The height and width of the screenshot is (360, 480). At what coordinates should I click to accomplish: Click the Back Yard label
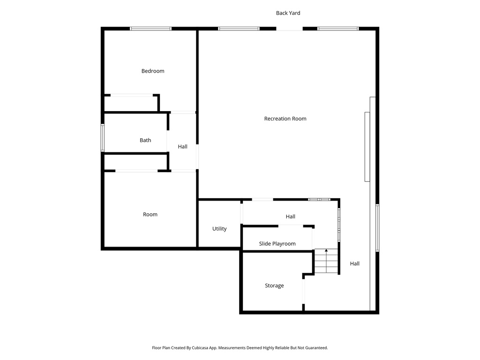[288, 13]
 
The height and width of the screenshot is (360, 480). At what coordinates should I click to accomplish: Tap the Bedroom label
[153, 71]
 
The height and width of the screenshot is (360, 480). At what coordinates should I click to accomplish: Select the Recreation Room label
[285, 119]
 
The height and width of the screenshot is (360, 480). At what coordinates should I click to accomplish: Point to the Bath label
[145, 140]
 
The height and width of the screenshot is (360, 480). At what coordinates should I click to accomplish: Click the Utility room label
[219, 229]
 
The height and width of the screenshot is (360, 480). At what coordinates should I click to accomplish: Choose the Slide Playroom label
[277, 244]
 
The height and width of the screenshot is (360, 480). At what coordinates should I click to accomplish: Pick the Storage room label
[274, 285]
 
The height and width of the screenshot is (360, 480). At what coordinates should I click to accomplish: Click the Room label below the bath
[150, 214]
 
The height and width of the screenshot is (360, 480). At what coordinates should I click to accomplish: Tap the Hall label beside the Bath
[182, 147]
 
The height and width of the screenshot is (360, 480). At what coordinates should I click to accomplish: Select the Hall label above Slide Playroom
[291, 217]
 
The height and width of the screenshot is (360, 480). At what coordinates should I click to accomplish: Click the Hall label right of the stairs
[355, 263]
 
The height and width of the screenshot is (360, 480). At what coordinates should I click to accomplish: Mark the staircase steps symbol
[326, 262]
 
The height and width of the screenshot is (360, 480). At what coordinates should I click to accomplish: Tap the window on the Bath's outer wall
[103, 138]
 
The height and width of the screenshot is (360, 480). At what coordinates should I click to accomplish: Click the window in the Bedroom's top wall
[150, 29]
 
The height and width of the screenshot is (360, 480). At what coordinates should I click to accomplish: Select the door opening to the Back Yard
[289, 29]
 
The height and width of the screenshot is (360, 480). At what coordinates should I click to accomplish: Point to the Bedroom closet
[131, 103]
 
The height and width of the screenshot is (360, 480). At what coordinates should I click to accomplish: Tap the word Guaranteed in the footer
[315, 348]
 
